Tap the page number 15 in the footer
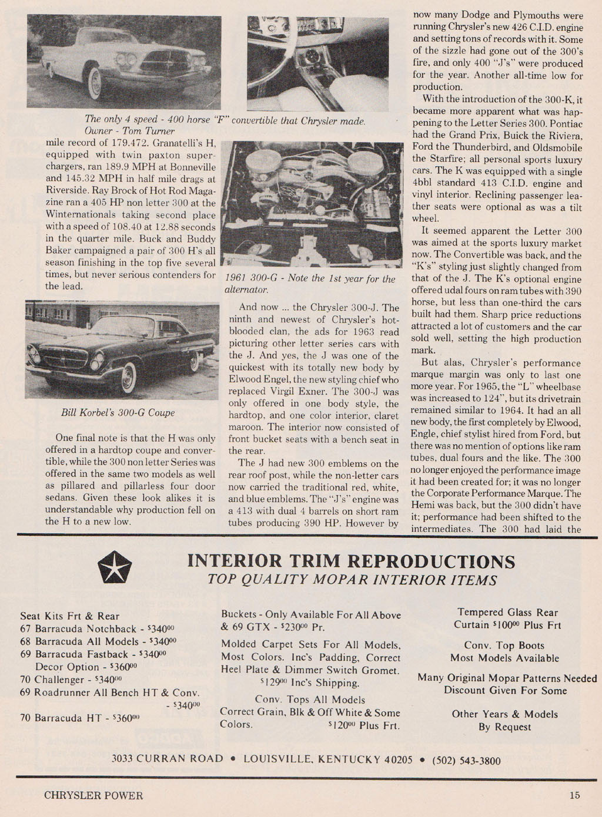[574, 795]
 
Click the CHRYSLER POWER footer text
[93, 796]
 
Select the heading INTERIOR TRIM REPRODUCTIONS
[351, 561]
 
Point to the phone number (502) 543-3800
[466, 761]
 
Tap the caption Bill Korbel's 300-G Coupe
[118, 412]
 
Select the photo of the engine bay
[315, 204]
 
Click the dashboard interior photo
[317, 63]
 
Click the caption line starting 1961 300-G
[310, 279]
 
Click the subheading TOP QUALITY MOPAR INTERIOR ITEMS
[352, 580]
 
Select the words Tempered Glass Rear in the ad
[507, 612]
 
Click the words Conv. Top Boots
[504, 645]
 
